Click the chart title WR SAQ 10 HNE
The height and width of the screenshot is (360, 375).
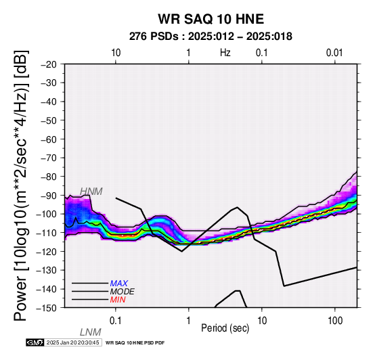[211, 19]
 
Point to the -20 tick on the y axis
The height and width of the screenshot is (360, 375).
[49, 64]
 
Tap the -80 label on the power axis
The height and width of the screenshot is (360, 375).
[49, 177]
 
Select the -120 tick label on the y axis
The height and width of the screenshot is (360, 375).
[47, 252]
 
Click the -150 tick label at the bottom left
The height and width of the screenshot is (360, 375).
[47, 308]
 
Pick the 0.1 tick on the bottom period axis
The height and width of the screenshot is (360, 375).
[115, 321]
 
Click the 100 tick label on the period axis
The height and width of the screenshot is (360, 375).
[335, 321]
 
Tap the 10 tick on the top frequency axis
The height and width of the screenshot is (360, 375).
[116, 53]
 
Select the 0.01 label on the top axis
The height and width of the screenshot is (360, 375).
[334, 53]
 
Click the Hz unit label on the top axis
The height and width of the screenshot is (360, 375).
[225, 53]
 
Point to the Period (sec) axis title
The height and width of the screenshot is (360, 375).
[225, 328]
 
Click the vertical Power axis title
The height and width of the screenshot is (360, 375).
[20, 185]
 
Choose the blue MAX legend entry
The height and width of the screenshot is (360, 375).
[119, 284]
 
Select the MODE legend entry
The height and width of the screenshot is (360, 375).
[123, 292]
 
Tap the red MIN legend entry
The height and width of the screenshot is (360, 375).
[118, 300]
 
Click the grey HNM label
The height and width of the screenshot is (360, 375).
[91, 192]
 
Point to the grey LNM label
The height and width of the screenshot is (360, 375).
[91, 332]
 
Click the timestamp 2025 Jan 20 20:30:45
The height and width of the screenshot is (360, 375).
[72, 342]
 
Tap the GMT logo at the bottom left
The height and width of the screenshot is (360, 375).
[35, 342]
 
